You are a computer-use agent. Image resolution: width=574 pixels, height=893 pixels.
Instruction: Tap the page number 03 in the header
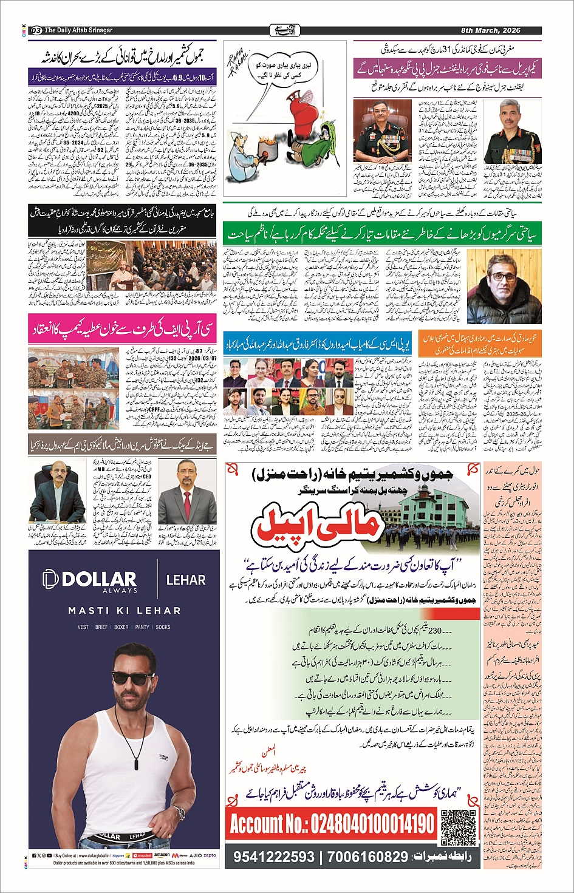(x=36, y=30)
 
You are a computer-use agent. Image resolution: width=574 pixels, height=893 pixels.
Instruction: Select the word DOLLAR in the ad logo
(x=99, y=579)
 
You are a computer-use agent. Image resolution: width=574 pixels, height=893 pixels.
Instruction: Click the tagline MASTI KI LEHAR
(x=124, y=611)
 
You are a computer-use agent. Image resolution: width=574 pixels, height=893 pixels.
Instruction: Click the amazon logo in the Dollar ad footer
(x=162, y=855)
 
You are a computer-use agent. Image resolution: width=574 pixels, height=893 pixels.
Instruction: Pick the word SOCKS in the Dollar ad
(x=163, y=627)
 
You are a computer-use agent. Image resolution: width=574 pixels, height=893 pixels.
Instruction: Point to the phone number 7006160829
(x=367, y=857)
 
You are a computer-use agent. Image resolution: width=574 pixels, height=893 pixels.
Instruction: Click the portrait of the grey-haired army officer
(x=511, y=131)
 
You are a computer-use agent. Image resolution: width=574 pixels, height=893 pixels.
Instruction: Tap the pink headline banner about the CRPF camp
(x=121, y=330)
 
